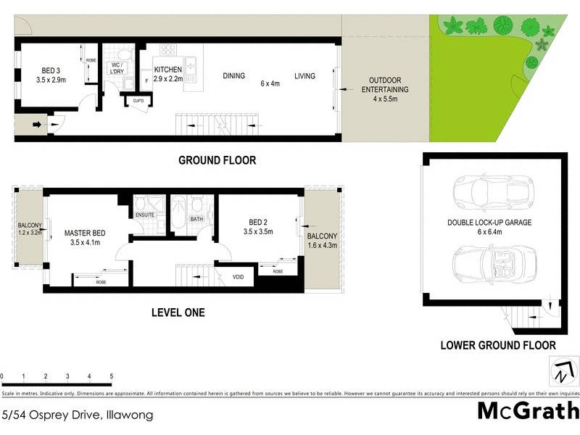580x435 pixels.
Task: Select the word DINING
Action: click(x=233, y=75)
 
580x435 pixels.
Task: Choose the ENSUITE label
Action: click(x=144, y=215)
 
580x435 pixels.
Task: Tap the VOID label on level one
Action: click(x=238, y=277)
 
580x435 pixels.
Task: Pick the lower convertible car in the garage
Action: click(x=489, y=264)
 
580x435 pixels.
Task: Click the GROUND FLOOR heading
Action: click(x=217, y=160)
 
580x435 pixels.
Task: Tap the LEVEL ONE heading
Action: click(x=178, y=312)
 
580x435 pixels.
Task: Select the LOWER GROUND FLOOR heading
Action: click(x=498, y=346)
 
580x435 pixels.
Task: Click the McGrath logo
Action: click(x=528, y=411)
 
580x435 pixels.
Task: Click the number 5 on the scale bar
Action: click(x=111, y=376)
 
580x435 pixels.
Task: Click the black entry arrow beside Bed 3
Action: click(x=38, y=125)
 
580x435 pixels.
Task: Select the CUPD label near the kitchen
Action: click(x=138, y=101)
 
